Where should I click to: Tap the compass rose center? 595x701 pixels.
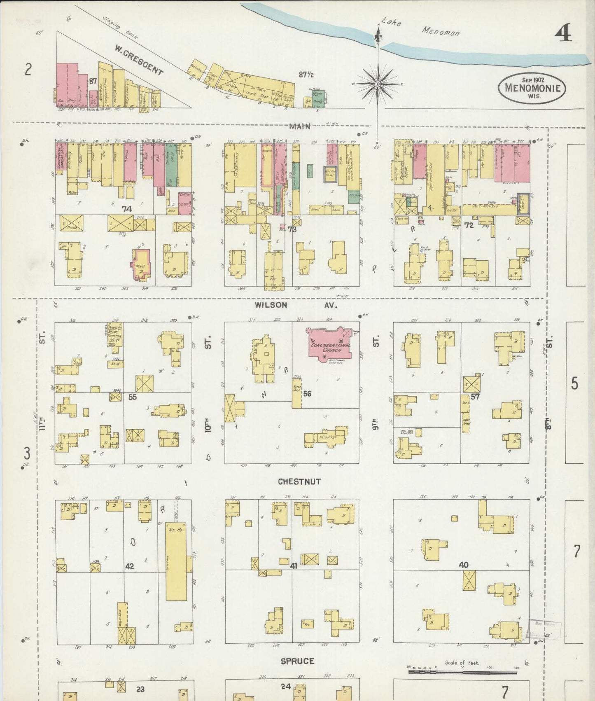pyautogui.click(x=377, y=84)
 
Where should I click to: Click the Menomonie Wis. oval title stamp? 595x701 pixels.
pyautogui.click(x=532, y=87)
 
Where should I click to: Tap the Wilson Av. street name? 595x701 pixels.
pyautogui.click(x=295, y=305)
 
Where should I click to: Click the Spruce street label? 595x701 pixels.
pyautogui.click(x=297, y=661)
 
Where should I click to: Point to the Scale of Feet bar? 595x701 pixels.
pyautogui.click(x=462, y=671)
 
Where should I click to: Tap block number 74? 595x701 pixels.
pyautogui.click(x=126, y=209)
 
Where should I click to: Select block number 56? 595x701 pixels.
pyautogui.click(x=307, y=393)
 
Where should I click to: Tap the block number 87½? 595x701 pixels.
pyautogui.click(x=306, y=75)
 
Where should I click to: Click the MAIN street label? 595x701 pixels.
pyautogui.click(x=300, y=126)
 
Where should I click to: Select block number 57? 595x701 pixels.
pyautogui.click(x=476, y=397)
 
